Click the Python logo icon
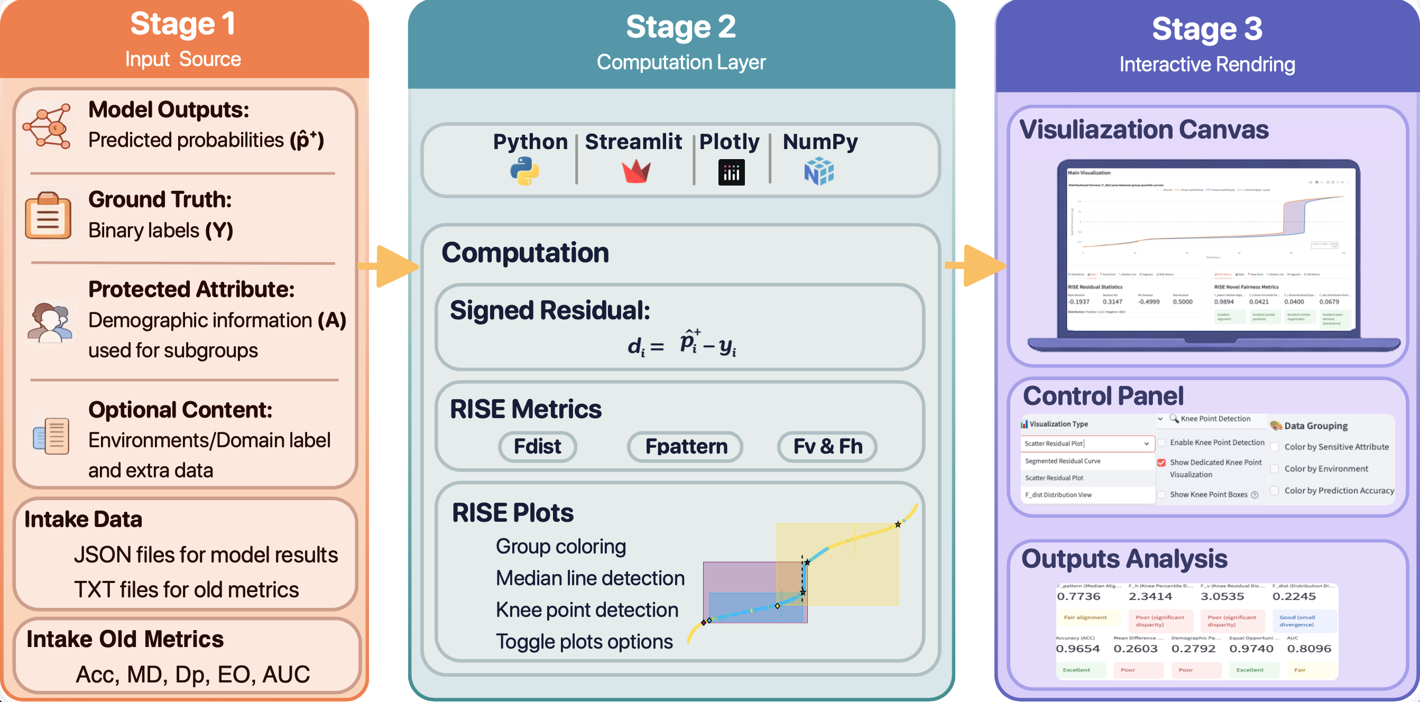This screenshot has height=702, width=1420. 524,171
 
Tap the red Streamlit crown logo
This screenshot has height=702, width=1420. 636,171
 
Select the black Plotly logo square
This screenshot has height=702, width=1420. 731,172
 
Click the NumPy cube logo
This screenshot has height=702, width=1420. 818,171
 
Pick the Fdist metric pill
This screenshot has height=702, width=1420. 537,446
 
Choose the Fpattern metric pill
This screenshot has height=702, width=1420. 685,446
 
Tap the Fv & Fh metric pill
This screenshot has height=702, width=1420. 827,446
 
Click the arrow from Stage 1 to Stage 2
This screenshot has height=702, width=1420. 389,267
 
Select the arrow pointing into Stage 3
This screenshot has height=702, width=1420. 976,265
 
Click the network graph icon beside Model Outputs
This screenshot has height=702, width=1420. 48,127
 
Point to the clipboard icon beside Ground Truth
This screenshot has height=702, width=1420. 48,216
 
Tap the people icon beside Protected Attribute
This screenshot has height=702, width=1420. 50,322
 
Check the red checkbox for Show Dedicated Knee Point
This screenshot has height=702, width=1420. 1161,463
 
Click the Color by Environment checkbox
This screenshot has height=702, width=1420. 1275,469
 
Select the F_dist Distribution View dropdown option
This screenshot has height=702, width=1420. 1058,495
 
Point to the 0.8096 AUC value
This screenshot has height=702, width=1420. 1308,649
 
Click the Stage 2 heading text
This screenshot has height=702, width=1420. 681,26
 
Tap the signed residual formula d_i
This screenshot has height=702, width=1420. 681,344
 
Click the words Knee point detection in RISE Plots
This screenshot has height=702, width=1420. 586,610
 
